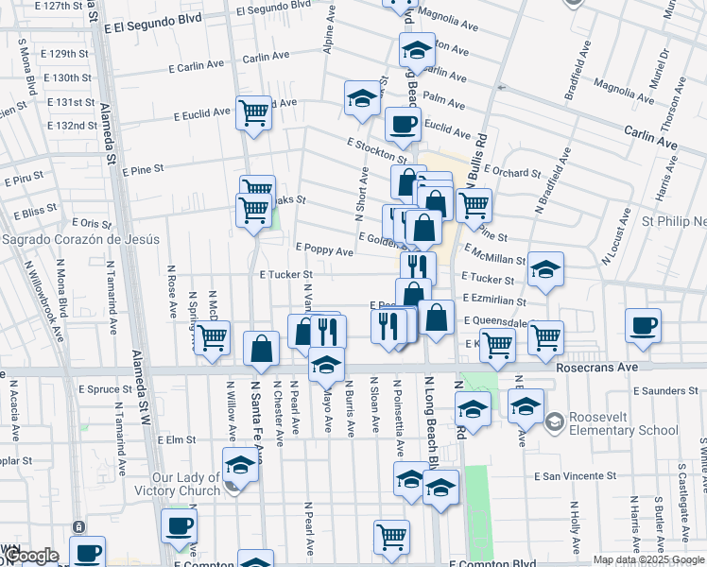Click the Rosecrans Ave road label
pos(591,367)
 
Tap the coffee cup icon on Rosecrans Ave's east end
pos(643,325)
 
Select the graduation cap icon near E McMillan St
pos(545,269)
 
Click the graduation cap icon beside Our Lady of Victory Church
pos(240,465)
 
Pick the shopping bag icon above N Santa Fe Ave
pos(261,349)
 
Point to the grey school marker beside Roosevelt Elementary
pos(554,421)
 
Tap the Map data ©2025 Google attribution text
pos(647,559)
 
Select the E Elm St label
pos(177,439)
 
